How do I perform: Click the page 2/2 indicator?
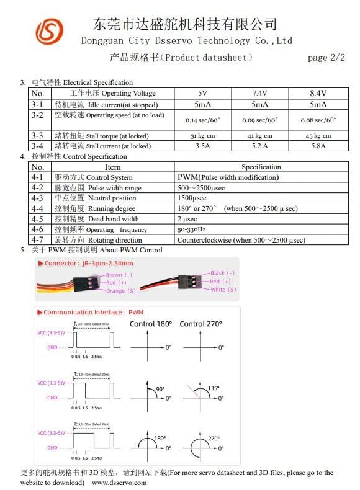tap(326, 58)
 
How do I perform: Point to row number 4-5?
tap(37, 219)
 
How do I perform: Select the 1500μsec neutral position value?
tap(192, 198)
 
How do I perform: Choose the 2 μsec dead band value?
tap(189, 219)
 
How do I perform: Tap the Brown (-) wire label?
tap(119, 275)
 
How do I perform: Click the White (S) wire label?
tap(223, 290)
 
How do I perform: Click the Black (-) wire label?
tap(223, 273)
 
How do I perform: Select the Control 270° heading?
tap(200, 324)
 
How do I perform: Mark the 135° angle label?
tap(214, 388)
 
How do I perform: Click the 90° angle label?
tap(160, 389)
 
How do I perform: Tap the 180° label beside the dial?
tap(160, 438)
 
